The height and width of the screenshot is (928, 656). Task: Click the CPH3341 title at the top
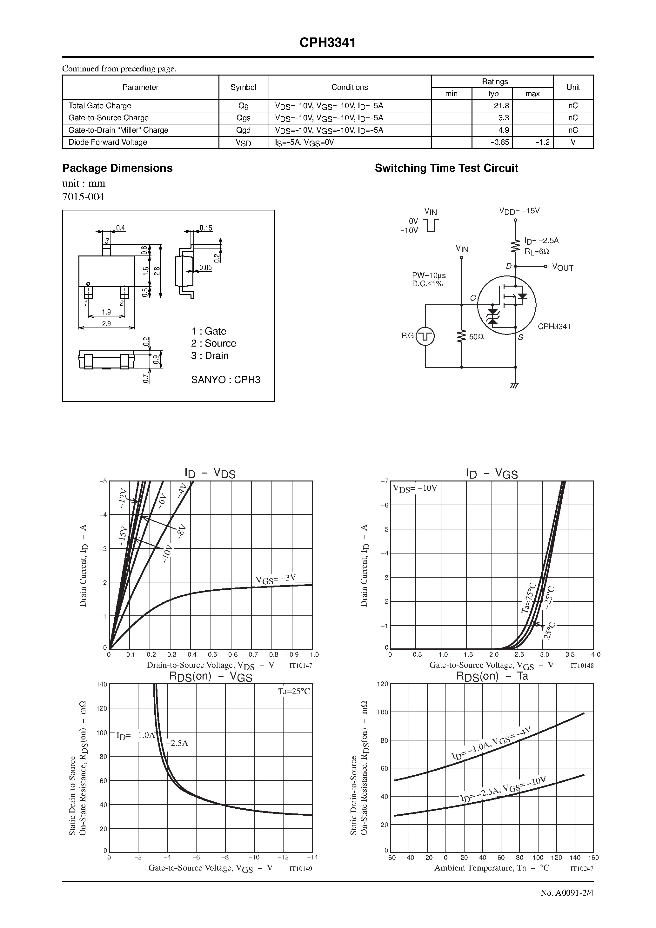(328, 43)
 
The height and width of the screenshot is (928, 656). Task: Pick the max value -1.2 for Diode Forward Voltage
(541, 142)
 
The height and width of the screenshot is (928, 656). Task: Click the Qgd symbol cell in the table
(244, 130)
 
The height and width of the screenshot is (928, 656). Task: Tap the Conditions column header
(350, 87)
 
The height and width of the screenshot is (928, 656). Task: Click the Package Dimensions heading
(117, 168)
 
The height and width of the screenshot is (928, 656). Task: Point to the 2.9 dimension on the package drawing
(106, 324)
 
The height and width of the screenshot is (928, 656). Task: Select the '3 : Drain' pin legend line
(210, 356)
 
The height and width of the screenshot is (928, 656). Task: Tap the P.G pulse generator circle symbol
(425, 336)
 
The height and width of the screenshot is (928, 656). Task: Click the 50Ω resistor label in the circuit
(476, 337)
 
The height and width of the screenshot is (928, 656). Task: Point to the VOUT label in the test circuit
(563, 268)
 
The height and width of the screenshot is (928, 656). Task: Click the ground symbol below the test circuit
(514, 386)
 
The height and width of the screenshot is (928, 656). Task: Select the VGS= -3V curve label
(276, 580)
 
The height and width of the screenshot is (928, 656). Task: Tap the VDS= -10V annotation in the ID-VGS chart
(415, 488)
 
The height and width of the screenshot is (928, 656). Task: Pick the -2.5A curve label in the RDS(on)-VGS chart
(177, 743)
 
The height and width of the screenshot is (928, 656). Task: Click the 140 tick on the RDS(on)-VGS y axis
(102, 684)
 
